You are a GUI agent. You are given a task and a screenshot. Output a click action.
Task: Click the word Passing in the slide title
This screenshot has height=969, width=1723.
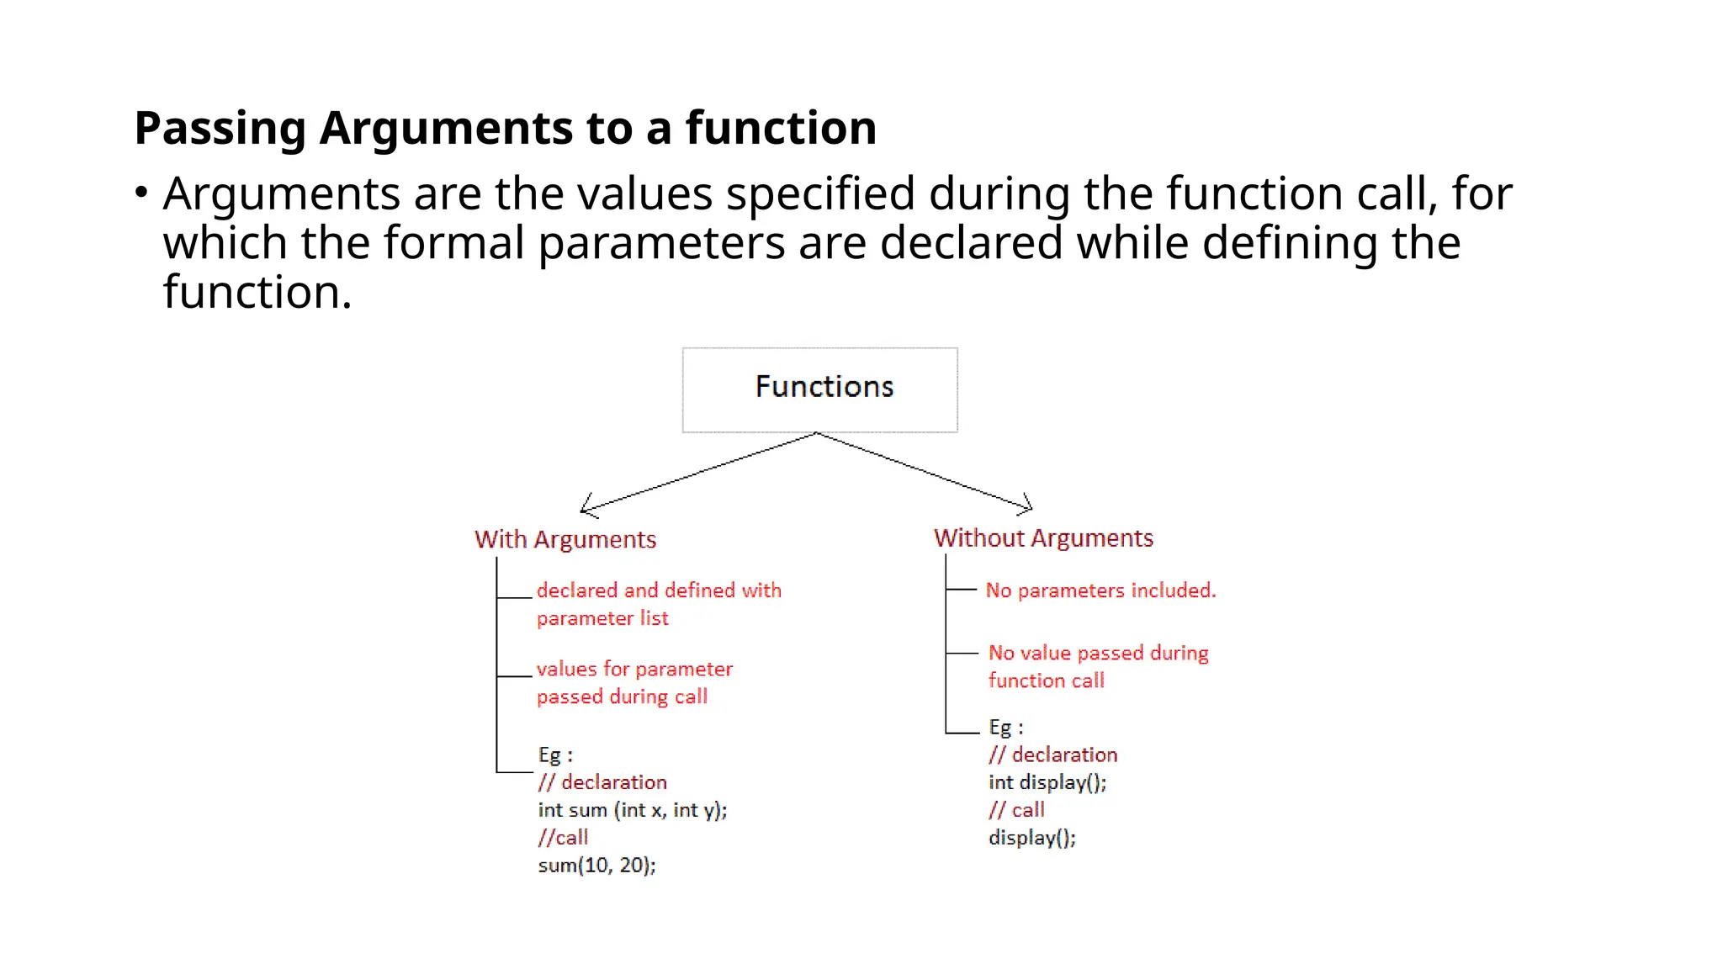(x=220, y=129)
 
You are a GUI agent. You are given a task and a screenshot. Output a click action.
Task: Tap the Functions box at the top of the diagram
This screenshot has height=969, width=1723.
(x=819, y=389)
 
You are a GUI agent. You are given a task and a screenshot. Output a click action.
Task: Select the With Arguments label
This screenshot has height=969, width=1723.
(x=565, y=539)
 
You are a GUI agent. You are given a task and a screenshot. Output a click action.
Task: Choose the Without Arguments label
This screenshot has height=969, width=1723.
(x=1043, y=538)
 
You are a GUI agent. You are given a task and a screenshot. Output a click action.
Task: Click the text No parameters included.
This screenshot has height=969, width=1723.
(x=1100, y=590)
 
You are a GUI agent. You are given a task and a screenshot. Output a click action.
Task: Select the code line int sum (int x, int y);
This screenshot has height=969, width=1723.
(x=633, y=810)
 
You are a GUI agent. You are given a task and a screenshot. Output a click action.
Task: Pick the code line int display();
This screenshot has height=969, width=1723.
(x=1047, y=782)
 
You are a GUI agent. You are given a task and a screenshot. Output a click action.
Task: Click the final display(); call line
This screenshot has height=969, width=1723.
(x=1032, y=838)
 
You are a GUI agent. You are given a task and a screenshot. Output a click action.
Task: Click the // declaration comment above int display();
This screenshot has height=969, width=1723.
(x=1052, y=755)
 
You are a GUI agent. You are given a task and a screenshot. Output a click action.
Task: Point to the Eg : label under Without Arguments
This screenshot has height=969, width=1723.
(x=1006, y=728)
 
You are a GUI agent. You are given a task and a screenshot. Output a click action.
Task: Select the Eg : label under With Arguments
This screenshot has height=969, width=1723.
(x=555, y=755)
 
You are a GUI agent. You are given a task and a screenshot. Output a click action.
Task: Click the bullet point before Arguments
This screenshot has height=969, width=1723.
(x=141, y=193)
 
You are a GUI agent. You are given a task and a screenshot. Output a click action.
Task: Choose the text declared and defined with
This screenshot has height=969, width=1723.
(x=659, y=590)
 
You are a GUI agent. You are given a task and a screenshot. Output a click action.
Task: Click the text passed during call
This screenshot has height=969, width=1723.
(x=622, y=696)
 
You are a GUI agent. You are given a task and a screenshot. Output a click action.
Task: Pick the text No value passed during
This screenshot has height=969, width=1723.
(x=1098, y=653)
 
